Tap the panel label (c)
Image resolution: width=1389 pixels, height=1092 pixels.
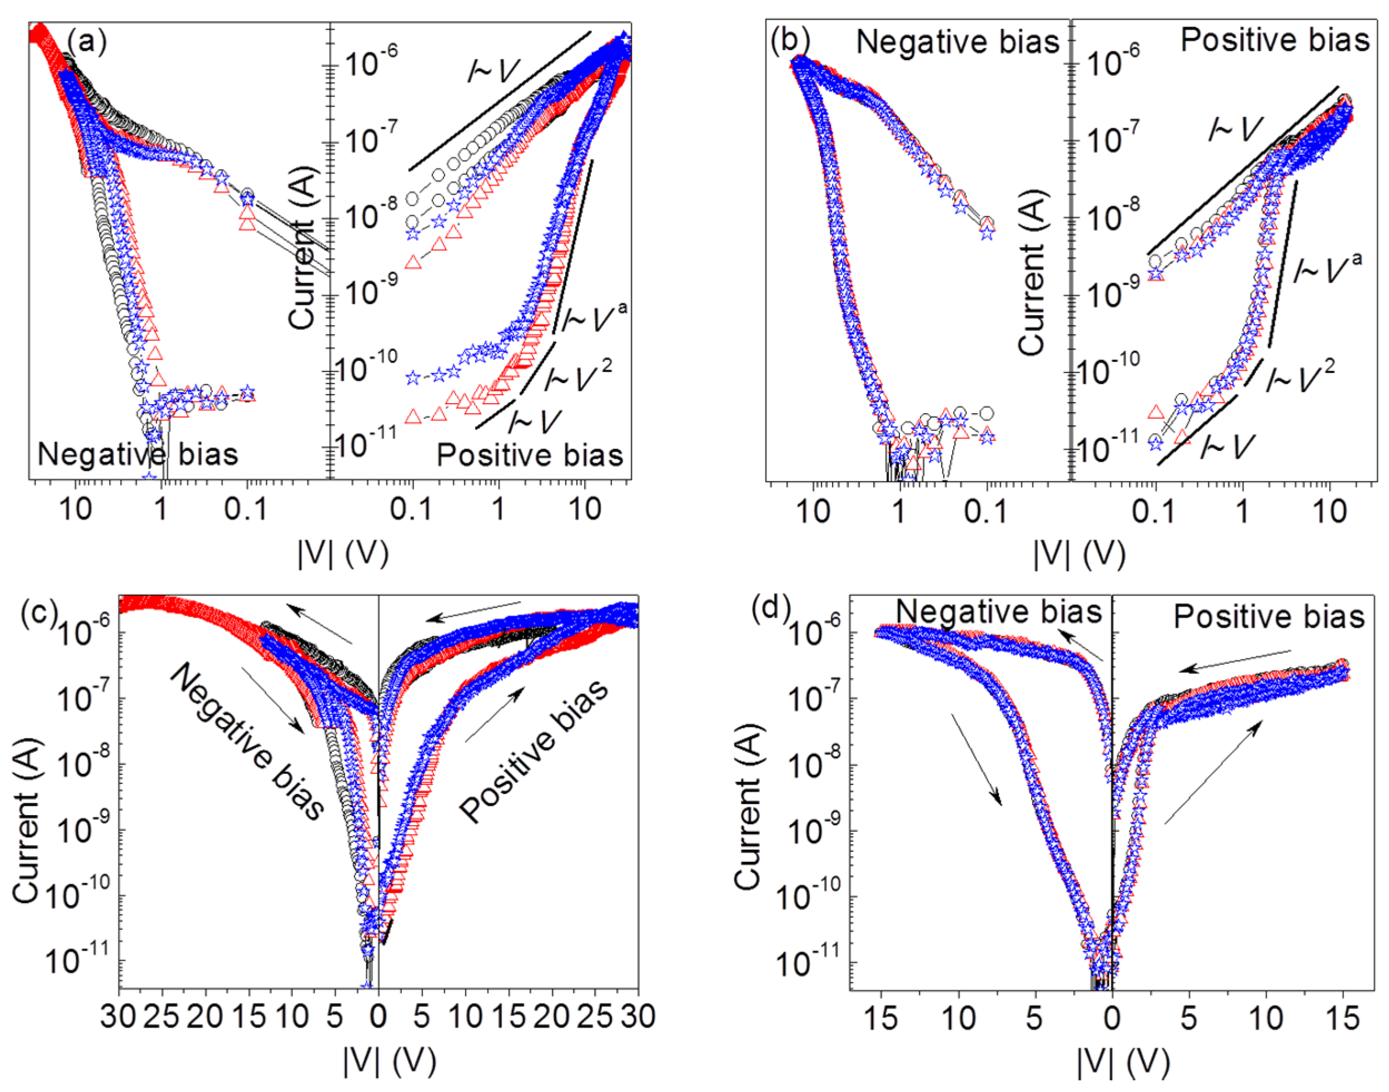38,614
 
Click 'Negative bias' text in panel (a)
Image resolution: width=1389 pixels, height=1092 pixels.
137,455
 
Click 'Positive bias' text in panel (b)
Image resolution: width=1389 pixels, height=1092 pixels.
1275,40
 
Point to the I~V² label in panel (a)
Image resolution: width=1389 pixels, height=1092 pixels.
579,376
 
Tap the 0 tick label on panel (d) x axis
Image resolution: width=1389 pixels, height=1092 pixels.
1112,1016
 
